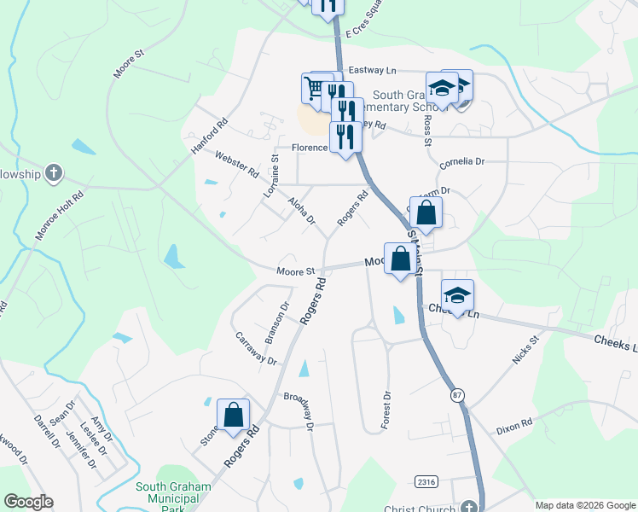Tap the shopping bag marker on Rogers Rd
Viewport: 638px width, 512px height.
click(x=233, y=416)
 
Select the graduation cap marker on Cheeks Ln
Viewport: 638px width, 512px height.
click(x=457, y=295)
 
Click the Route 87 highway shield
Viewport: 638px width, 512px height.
click(x=459, y=395)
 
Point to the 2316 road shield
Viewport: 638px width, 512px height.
click(x=426, y=481)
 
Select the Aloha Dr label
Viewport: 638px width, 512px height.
click(x=301, y=210)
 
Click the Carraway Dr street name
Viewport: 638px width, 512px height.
click(x=257, y=348)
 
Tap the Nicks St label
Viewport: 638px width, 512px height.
click(x=526, y=350)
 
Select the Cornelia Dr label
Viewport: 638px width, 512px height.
click(x=461, y=161)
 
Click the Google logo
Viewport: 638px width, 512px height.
click(x=28, y=502)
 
